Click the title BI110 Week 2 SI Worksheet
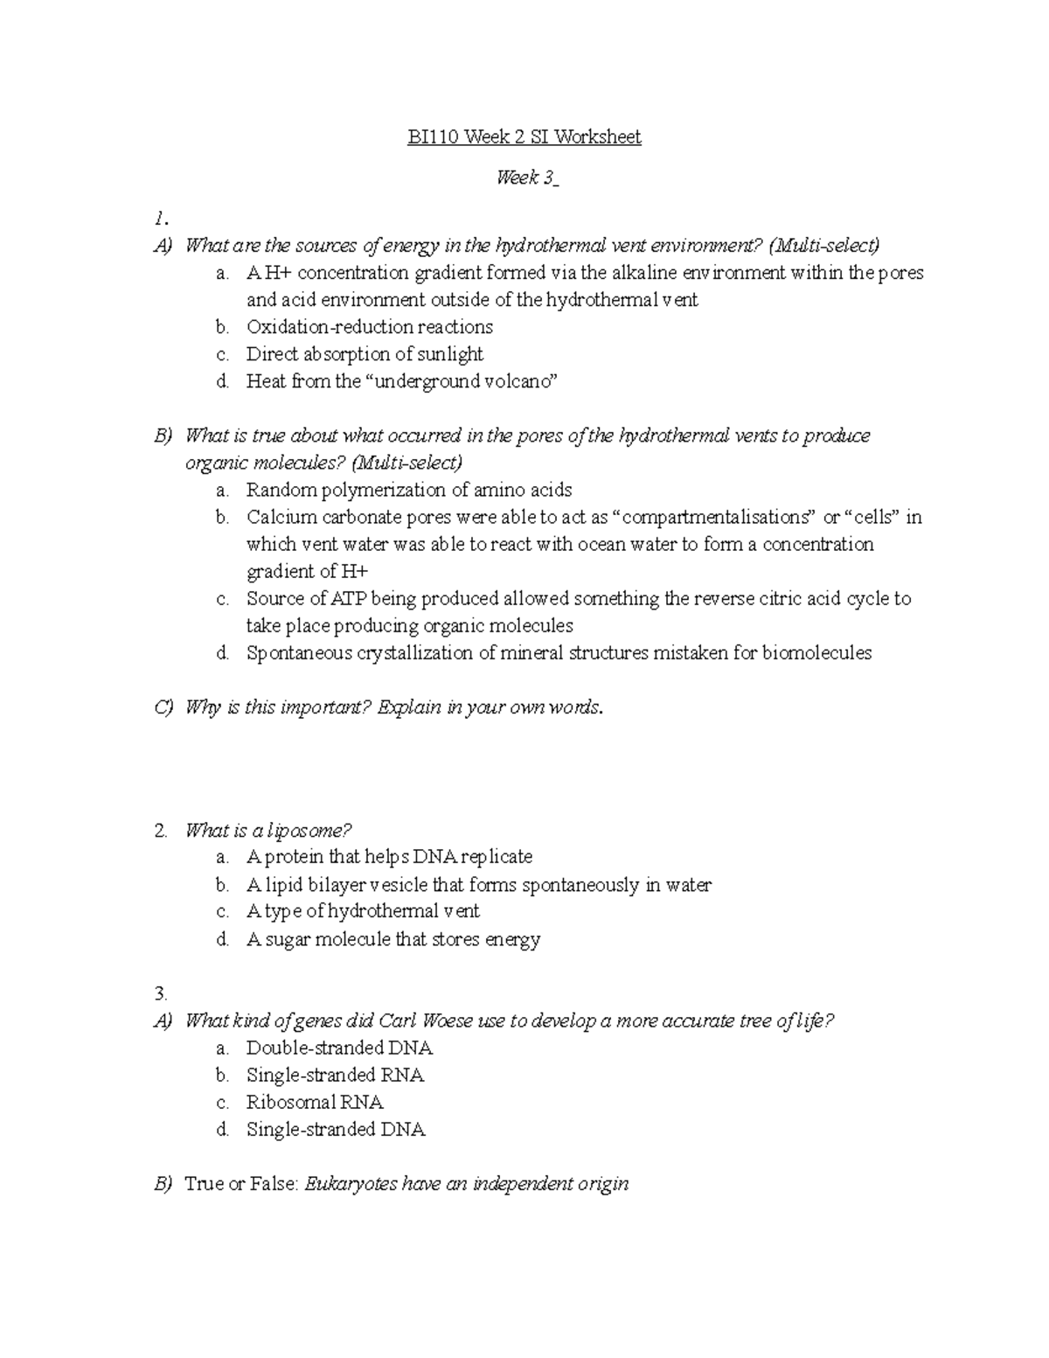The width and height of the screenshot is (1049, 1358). [x=524, y=137]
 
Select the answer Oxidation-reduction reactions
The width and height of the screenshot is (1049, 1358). [x=369, y=327]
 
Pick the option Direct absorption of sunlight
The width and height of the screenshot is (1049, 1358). [x=364, y=354]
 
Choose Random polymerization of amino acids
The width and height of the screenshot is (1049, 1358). [x=409, y=490]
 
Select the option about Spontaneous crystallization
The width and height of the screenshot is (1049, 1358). [x=558, y=653]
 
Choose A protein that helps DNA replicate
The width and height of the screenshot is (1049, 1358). [x=389, y=857]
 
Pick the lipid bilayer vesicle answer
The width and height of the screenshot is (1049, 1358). [x=478, y=885]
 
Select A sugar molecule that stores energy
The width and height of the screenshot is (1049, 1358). [x=393, y=939]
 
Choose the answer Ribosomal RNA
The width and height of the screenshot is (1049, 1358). [x=315, y=1102]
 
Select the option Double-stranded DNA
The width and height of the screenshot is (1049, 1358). [x=339, y=1048]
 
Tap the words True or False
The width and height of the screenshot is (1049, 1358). [x=242, y=1184]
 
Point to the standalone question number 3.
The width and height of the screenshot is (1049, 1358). [x=160, y=993]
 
